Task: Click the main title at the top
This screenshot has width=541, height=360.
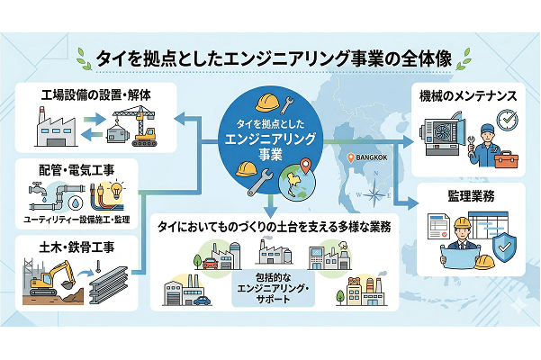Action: (x=270, y=58)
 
